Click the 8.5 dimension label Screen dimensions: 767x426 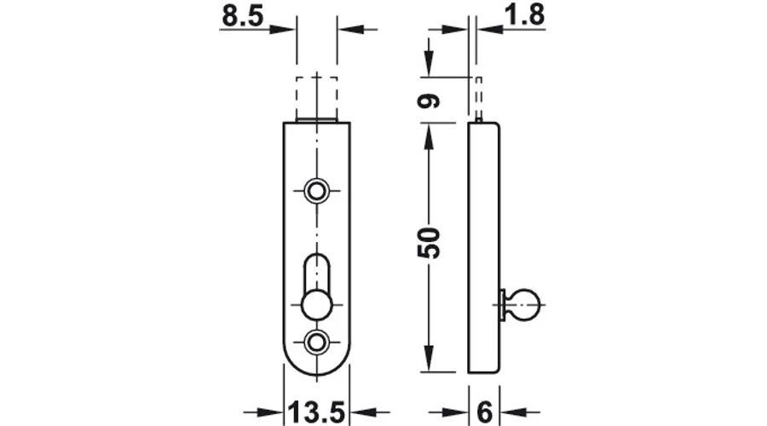[243, 15]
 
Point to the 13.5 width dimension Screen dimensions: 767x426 [316, 412]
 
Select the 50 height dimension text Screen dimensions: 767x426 [429, 243]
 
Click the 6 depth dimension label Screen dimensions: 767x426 [484, 412]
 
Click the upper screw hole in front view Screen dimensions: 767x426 [316, 191]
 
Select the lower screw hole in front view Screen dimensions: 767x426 [316, 342]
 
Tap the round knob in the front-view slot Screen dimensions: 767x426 [316, 305]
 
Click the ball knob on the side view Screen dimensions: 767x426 [525, 305]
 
